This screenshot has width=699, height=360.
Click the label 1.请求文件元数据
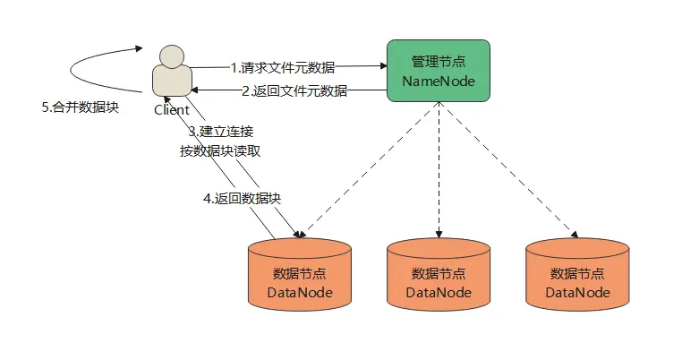pyautogui.click(x=282, y=67)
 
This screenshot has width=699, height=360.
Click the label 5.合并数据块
pyautogui.click(x=81, y=107)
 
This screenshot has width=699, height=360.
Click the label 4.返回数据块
pyautogui.click(x=248, y=198)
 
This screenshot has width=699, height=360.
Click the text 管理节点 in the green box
pyautogui.click(x=438, y=62)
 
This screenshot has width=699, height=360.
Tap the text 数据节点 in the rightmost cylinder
pyautogui.click(x=577, y=273)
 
